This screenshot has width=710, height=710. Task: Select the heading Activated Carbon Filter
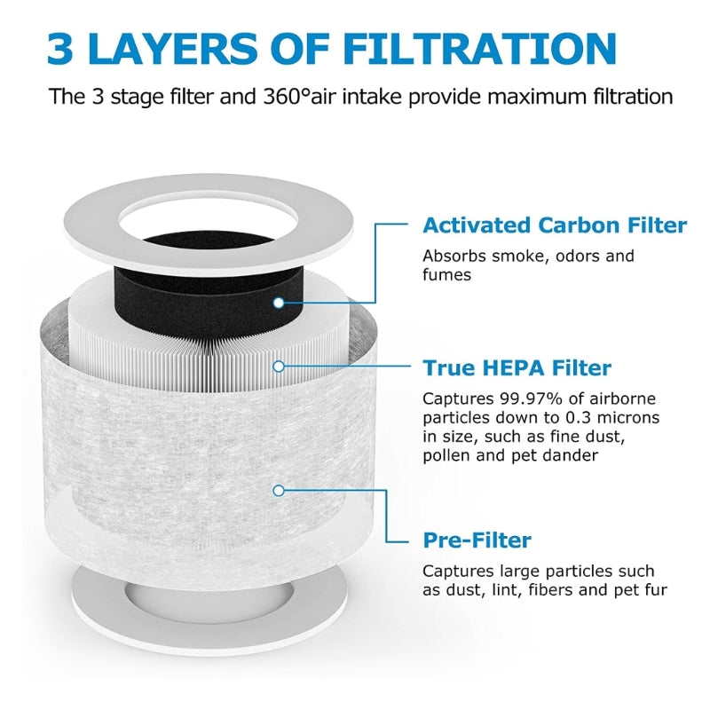click(554, 225)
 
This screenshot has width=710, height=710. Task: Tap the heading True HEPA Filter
click(517, 367)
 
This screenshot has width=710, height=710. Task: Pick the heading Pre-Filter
click(477, 540)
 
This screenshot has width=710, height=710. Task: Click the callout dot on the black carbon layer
click(278, 303)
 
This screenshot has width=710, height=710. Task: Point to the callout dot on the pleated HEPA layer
click(278, 365)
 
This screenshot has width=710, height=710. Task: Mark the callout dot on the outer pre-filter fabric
click(278, 489)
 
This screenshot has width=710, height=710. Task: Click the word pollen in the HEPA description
click(446, 455)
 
